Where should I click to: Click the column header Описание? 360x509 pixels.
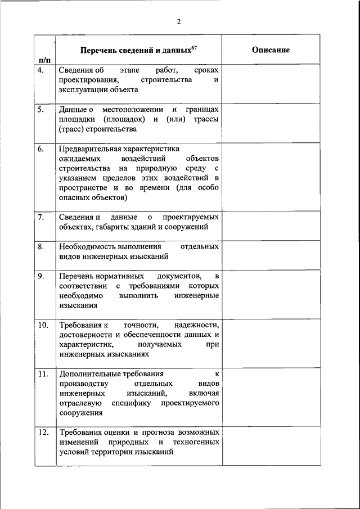point(271,50)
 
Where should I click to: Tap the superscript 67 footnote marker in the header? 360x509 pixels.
point(193,47)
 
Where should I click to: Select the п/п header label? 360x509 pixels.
point(45,59)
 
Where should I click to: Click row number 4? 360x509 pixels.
point(41,70)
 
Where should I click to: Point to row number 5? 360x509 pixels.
point(41,110)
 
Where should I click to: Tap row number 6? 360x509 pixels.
point(41,149)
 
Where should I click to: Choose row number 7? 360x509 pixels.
point(41,217)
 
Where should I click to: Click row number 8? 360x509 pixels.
point(41,246)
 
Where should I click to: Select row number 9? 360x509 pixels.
point(41,276)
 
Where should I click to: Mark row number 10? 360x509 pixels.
point(43,325)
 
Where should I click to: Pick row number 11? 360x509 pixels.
point(43,374)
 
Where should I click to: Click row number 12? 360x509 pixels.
point(43,433)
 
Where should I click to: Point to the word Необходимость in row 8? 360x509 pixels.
point(86,246)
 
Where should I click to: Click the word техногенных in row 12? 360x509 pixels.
point(196,442)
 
